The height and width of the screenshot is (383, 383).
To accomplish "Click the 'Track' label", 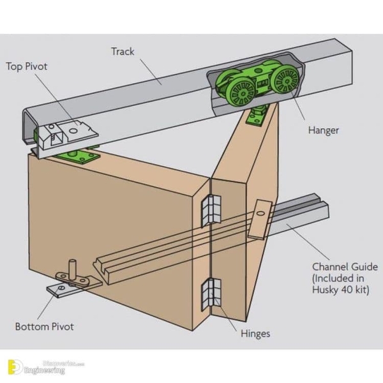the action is pyautogui.click(x=123, y=52).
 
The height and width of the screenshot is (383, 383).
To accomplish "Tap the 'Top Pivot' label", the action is pyautogui.click(x=27, y=66).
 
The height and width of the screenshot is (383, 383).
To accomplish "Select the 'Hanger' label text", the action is pyautogui.click(x=324, y=130).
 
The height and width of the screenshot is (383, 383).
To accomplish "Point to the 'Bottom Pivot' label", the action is pyautogui.click(x=45, y=327).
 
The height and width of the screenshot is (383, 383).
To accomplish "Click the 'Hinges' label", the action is pyautogui.click(x=255, y=334).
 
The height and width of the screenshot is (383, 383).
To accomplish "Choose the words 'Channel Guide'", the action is pyautogui.click(x=345, y=267).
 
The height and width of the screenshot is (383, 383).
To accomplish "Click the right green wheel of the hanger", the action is pyautogui.click(x=286, y=80).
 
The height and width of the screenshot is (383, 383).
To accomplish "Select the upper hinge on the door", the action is pyautogui.click(x=211, y=211).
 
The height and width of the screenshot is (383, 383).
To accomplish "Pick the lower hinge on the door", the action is pyautogui.click(x=211, y=294).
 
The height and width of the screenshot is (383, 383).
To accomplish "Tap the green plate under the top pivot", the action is pyautogui.click(x=78, y=156).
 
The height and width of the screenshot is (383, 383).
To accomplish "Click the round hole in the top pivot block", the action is pyautogui.click(x=73, y=131).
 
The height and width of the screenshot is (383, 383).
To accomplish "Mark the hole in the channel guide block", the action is pyautogui.click(x=260, y=213).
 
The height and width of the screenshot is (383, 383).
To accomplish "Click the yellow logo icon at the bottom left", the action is pyautogui.click(x=15, y=366).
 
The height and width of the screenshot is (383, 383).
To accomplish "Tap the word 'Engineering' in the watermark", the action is pyautogui.click(x=45, y=370).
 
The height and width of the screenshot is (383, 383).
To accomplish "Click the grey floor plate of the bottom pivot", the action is pyautogui.click(x=73, y=289).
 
